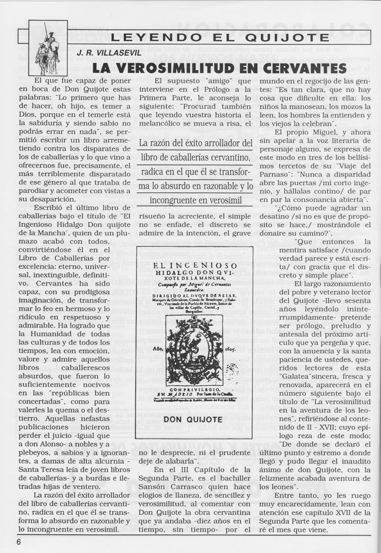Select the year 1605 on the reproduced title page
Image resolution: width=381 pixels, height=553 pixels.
232,348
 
